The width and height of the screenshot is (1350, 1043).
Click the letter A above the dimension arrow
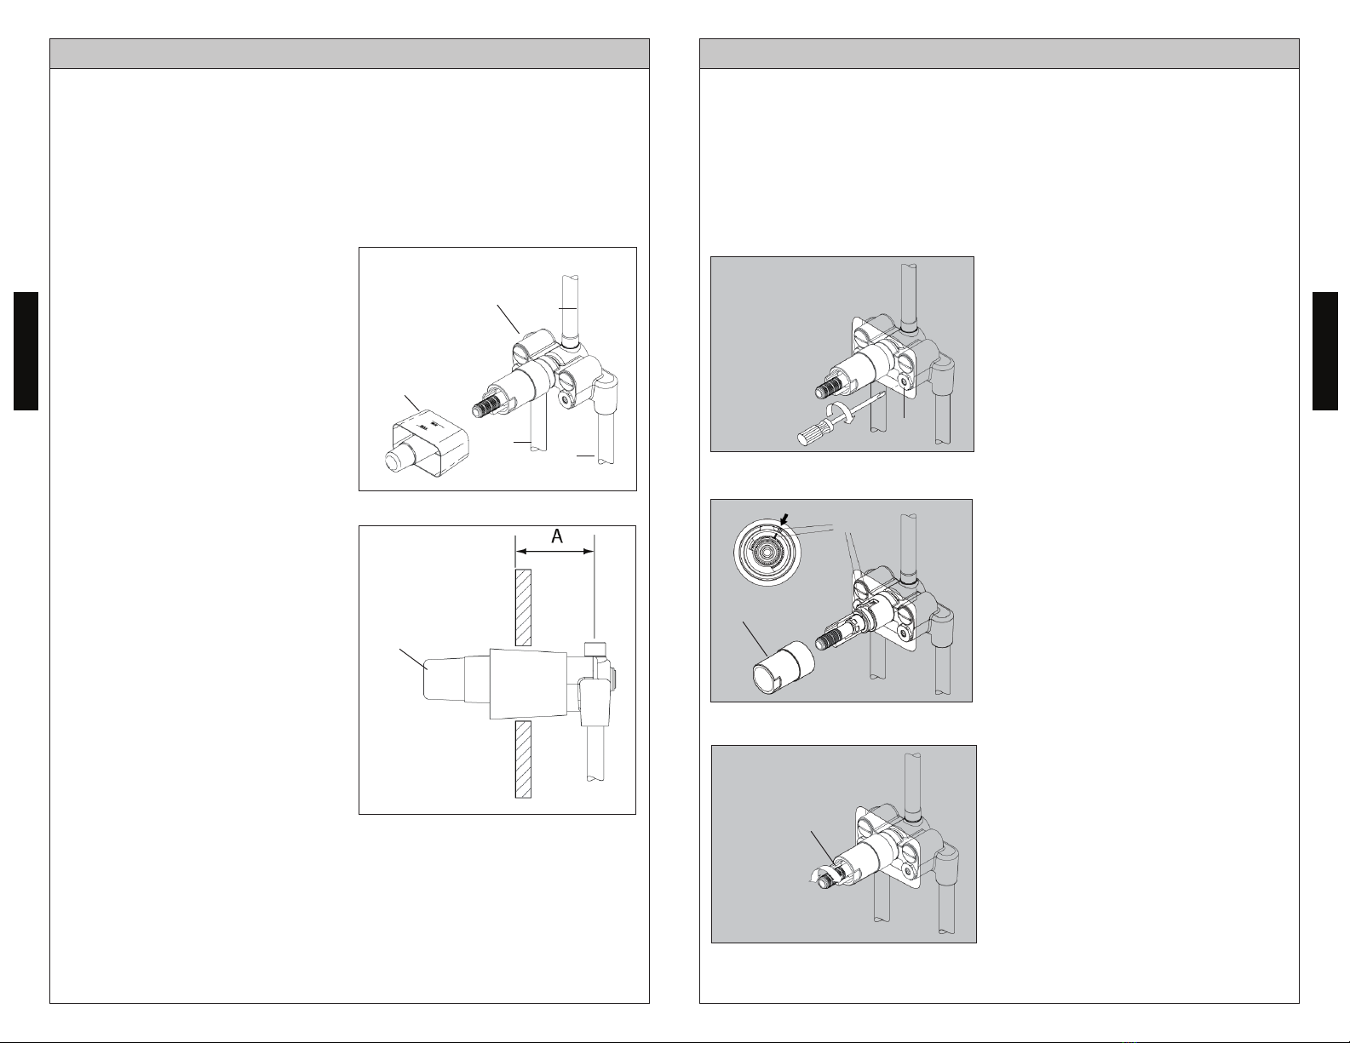557,536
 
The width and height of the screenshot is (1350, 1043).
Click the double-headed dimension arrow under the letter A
554,551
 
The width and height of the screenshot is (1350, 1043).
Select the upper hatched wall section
523,607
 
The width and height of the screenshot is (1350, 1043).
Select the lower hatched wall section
523,759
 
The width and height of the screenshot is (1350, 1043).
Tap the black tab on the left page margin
26,351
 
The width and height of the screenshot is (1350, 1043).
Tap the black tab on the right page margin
1324,351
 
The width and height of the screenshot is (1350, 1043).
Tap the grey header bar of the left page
350,54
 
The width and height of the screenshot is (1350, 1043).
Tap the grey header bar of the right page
999,54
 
